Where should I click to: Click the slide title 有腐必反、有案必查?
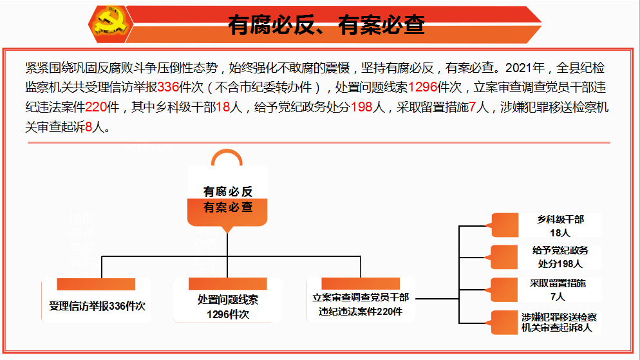[326, 24]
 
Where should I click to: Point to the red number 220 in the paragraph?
[95, 108]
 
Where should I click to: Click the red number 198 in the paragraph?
[362, 108]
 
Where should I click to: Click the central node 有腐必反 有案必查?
[227, 199]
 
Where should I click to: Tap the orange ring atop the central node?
[227, 158]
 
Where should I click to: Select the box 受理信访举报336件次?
[97, 306]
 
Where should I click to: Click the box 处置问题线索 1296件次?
[227, 307]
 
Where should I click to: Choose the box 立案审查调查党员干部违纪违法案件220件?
[361, 305]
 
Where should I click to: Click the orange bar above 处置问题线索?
[227, 283]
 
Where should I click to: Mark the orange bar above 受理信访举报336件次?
[96, 283]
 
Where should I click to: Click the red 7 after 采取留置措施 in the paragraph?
[474, 108]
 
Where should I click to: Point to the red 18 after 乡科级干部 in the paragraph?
[223, 108]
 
